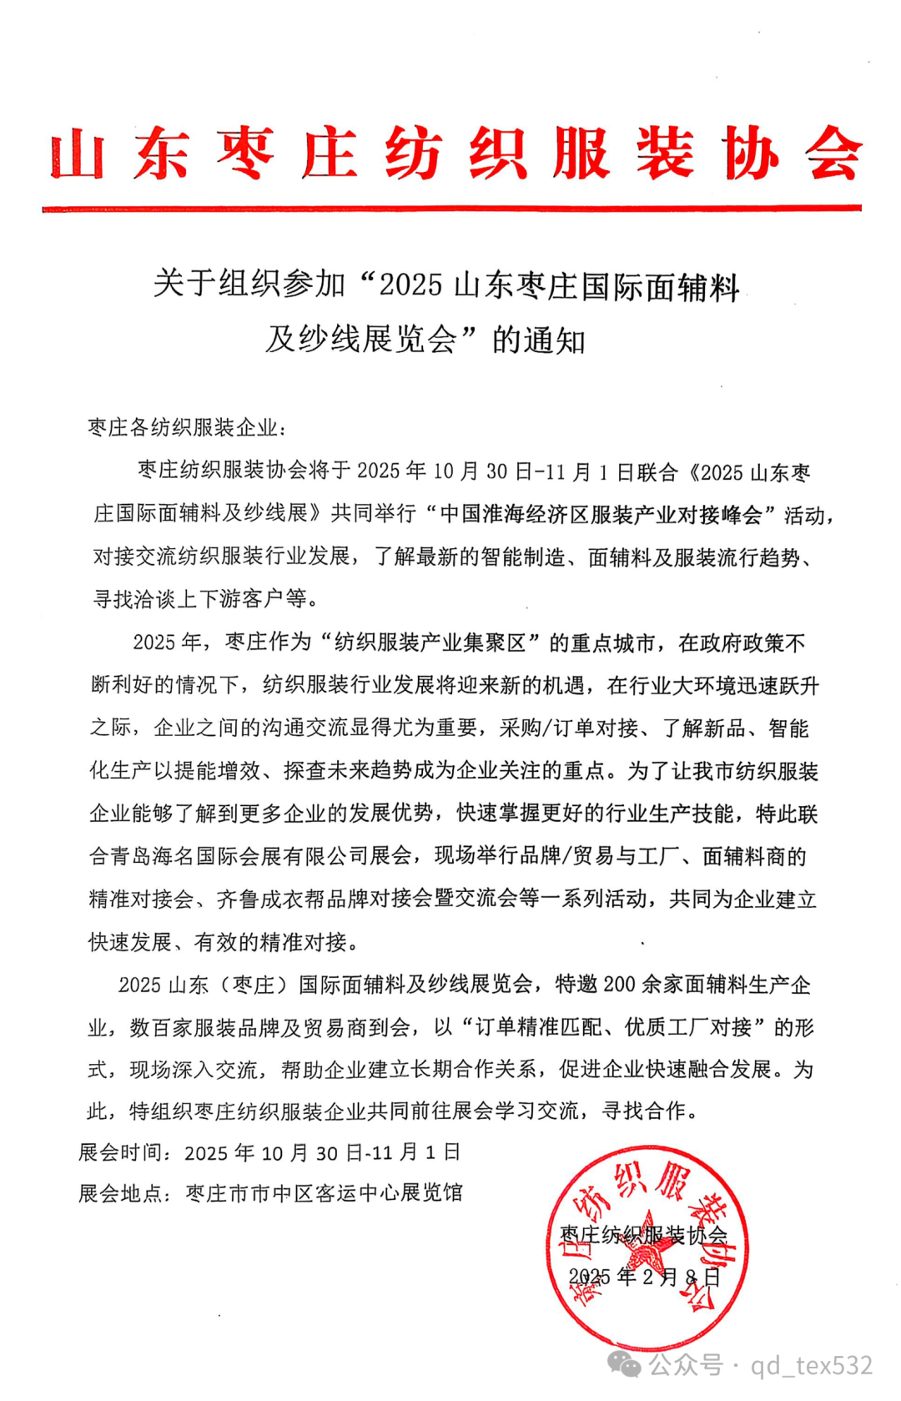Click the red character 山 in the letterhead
tap(77, 154)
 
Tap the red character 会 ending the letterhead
tap(833, 154)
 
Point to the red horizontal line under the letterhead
tap(451, 208)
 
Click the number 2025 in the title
tap(410, 285)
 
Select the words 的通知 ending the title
tap(539, 340)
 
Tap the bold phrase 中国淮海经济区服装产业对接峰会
tap(602, 514)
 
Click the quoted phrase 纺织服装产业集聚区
tap(430, 643)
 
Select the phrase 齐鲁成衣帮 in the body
tap(270, 899)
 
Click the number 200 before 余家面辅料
tap(619, 985)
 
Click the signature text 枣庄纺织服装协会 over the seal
tap(642, 1234)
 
